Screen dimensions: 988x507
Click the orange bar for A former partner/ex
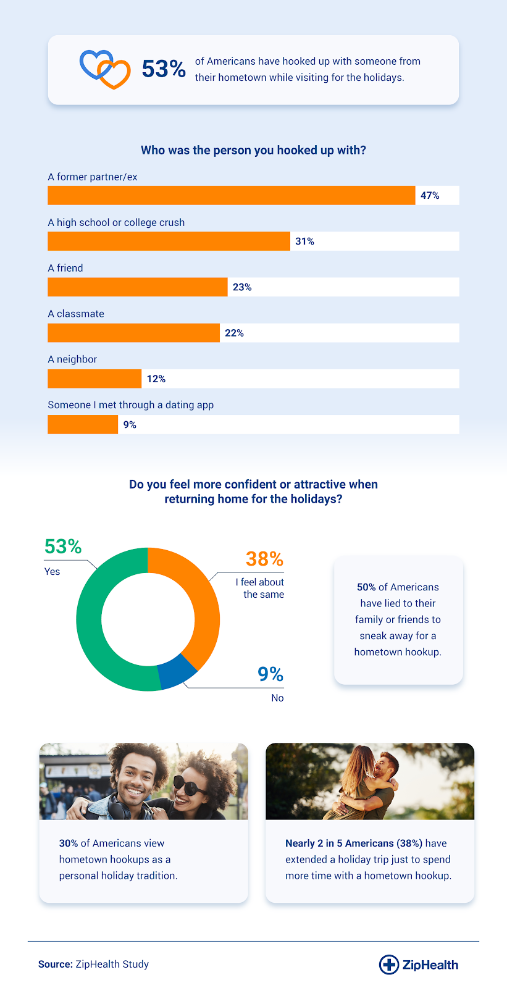click(x=231, y=195)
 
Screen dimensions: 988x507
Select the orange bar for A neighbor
click(x=94, y=379)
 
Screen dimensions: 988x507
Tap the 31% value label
click(x=304, y=241)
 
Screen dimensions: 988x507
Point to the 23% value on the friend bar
click(x=242, y=287)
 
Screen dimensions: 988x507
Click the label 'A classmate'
click(x=76, y=314)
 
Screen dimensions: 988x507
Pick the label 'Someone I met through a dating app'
click(x=131, y=405)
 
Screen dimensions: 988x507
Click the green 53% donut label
click(x=63, y=546)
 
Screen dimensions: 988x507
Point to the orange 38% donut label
click(x=264, y=559)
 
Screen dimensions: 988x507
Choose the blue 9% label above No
click(x=270, y=674)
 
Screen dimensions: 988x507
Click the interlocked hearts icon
click(x=105, y=69)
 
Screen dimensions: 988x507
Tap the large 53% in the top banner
click(x=164, y=69)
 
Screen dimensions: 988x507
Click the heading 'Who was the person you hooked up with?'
click(x=253, y=150)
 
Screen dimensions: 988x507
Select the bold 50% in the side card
click(x=366, y=587)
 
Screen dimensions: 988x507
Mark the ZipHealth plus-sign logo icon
click(x=388, y=964)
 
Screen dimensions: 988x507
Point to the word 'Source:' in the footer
click(x=56, y=964)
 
